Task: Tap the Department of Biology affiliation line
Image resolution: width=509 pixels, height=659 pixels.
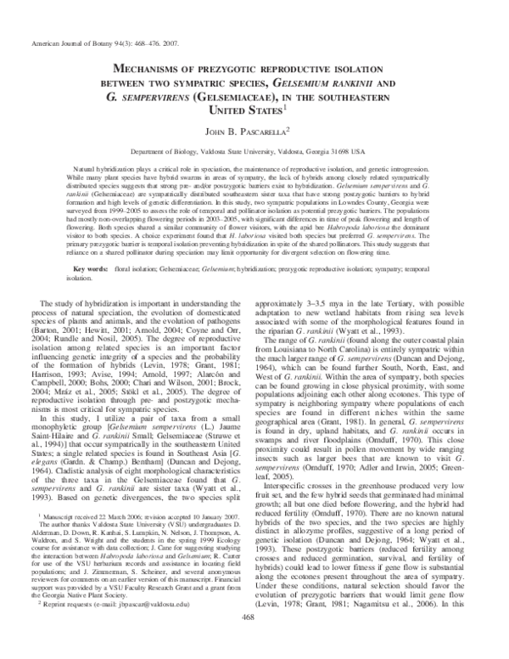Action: (255, 151)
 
